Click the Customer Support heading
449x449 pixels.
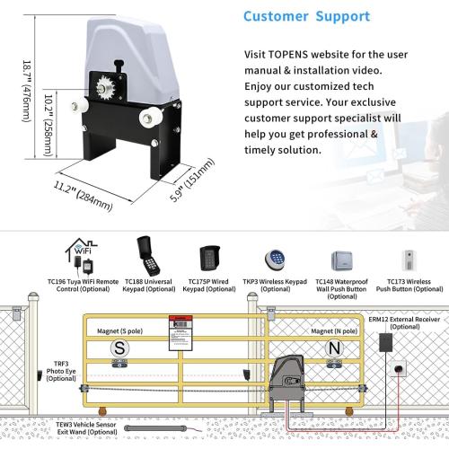(x=305, y=17)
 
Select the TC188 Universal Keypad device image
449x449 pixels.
(x=145, y=251)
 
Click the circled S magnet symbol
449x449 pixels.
(x=118, y=347)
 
